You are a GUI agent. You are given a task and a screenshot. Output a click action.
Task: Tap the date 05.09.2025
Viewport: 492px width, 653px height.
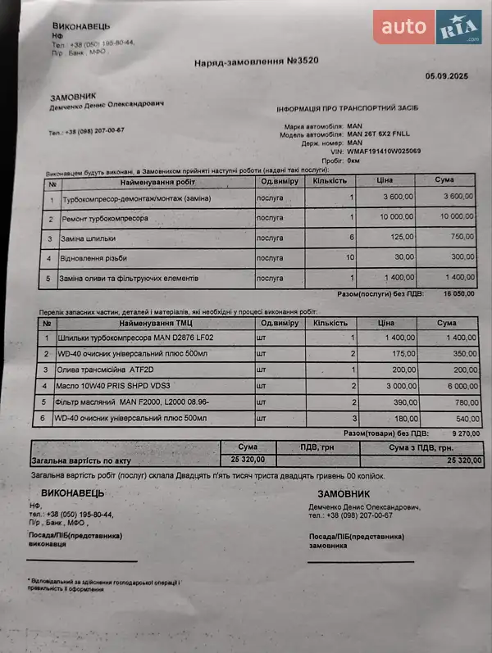[445, 76]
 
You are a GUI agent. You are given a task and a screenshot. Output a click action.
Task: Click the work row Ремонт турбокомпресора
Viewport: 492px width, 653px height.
[105, 219]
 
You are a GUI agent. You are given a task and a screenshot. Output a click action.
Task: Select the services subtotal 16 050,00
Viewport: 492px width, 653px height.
[458, 293]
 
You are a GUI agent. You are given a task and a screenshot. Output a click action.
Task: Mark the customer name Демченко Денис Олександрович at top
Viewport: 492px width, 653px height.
[107, 104]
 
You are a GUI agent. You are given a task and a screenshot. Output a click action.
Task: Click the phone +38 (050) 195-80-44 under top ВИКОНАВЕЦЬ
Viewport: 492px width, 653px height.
[102, 43]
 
